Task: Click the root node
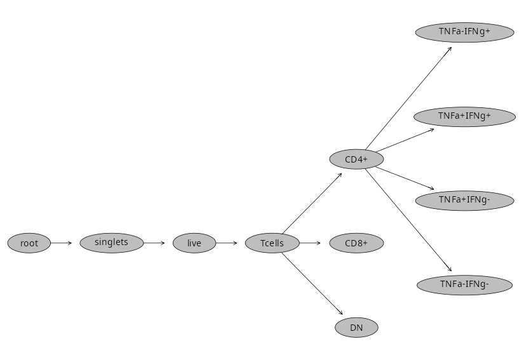click(x=29, y=243)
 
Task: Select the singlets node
click(x=111, y=243)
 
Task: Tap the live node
click(x=194, y=243)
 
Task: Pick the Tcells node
click(x=272, y=243)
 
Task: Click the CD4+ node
click(x=356, y=159)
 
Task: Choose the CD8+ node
click(x=356, y=243)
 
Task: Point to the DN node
click(x=356, y=328)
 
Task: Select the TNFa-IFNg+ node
click(x=464, y=32)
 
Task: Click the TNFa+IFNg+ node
click(x=464, y=116)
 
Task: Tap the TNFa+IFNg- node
click(x=464, y=201)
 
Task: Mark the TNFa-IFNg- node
click(x=464, y=284)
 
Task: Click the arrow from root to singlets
click(x=62, y=243)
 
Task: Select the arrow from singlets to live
click(x=154, y=243)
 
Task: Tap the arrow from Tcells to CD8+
click(x=311, y=243)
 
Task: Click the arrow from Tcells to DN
click(x=312, y=283)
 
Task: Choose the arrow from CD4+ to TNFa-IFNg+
click(x=408, y=97)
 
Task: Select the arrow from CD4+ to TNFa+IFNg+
click(x=405, y=140)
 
